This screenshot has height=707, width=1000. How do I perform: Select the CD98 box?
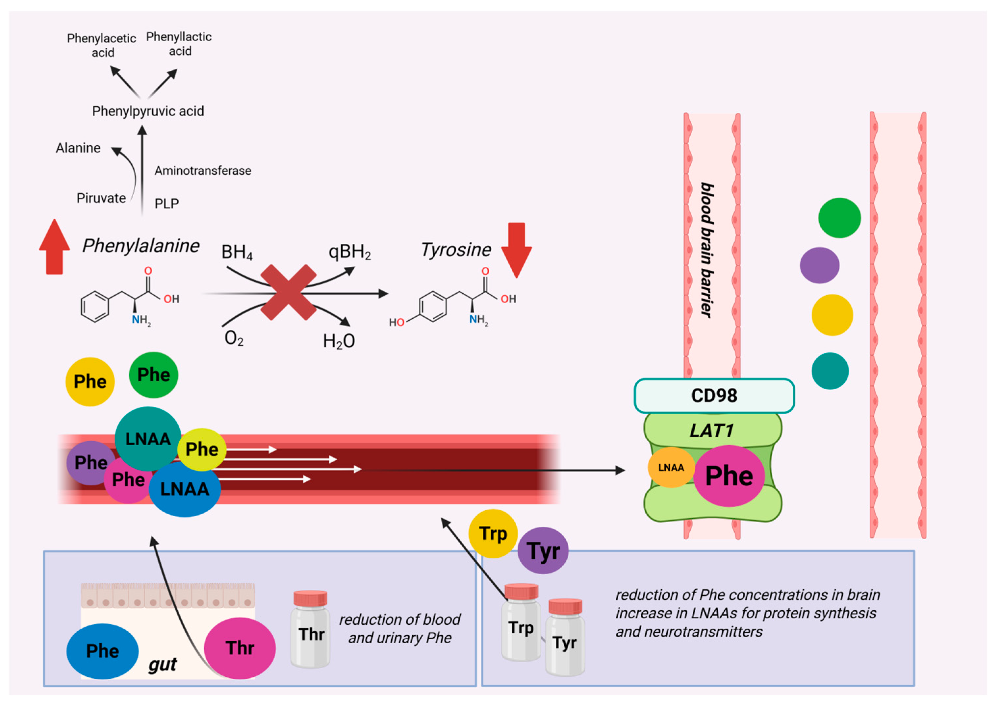tap(714, 395)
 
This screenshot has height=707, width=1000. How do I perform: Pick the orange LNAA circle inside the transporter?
tap(671, 468)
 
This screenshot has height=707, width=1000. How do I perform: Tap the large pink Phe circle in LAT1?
tap(729, 476)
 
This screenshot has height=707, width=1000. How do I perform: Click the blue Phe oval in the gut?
tap(102, 651)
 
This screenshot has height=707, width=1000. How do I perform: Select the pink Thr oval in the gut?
tap(240, 648)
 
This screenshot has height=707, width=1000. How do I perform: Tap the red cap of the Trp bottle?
tap(521, 591)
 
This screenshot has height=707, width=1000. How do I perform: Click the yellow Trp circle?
tap(493, 533)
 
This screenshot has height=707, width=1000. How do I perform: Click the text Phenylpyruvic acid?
tap(148, 111)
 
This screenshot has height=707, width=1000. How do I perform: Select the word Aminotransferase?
tap(203, 171)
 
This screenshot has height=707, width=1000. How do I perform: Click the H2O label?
tap(339, 341)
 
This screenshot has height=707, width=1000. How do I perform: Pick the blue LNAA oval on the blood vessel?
tap(185, 489)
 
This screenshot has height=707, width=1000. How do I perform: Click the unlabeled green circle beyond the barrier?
tap(839, 218)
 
